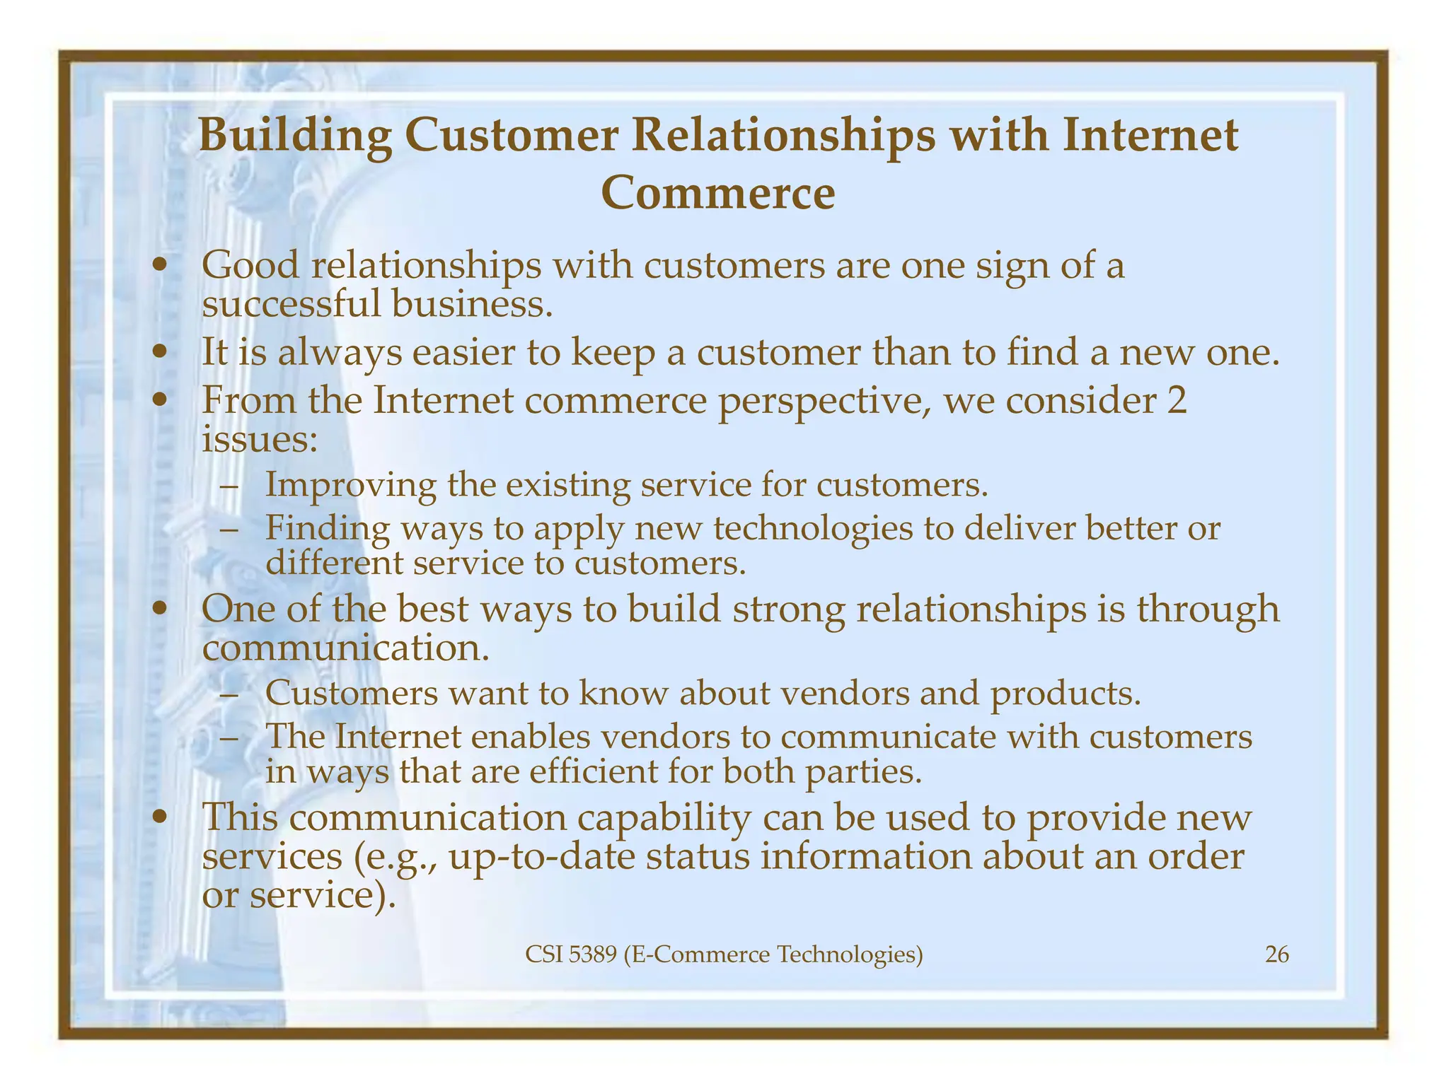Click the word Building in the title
click(x=295, y=136)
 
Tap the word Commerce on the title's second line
click(x=718, y=193)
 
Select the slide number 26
click(x=1276, y=955)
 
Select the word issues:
click(x=259, y=440)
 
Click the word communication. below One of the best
click(x=345, y=648)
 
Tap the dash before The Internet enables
click(x=229, y=737)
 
